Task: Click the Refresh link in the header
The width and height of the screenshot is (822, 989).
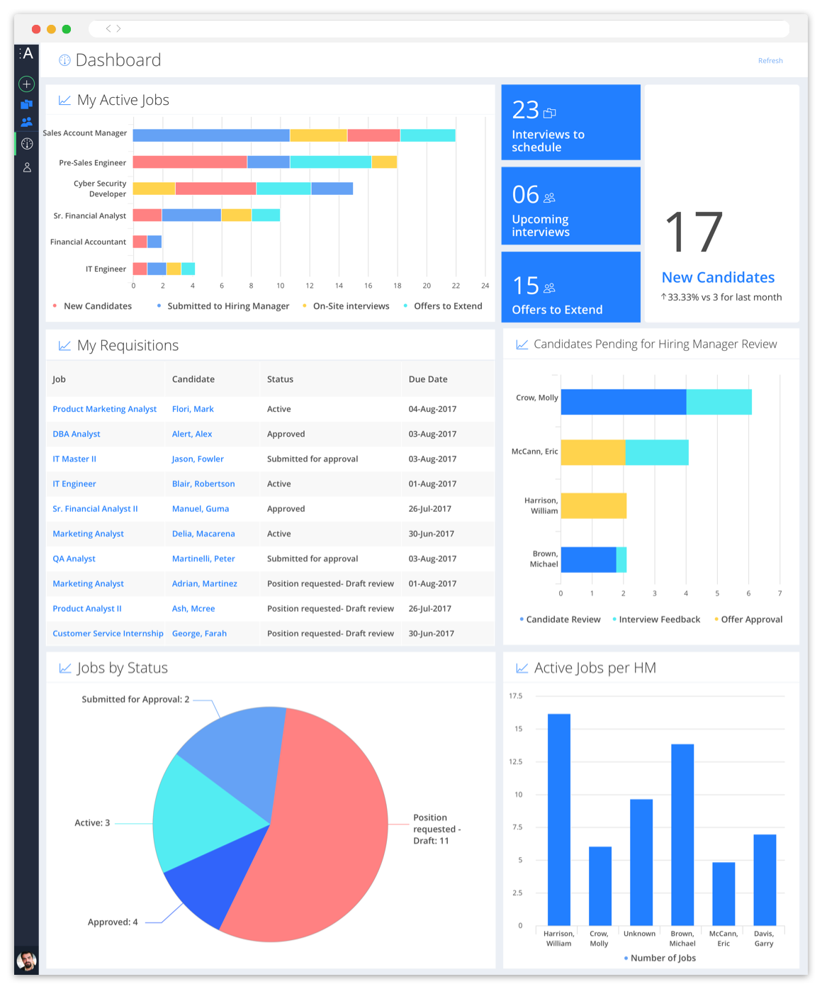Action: [770, 61]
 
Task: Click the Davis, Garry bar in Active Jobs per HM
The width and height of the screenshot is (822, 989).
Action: [765, 879]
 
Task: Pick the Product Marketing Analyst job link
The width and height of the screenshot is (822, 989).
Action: [105, 409]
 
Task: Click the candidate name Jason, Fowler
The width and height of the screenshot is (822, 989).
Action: [198, 459]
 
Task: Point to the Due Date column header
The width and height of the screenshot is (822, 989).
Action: [428, 379]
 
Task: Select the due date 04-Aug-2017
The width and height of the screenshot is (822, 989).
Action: [432, 409]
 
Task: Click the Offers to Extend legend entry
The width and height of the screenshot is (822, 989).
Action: [447, 306]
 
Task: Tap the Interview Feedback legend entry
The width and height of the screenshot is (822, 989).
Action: [659, 620]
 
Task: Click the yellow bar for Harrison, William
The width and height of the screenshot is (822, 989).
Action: [593, 505]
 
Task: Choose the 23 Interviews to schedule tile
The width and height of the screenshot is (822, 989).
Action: [570, 123]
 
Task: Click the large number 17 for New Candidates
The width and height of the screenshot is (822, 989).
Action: [694, 233]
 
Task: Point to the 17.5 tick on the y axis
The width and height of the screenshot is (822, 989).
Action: [515, 696]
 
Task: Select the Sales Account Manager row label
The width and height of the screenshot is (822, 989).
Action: [85, 133]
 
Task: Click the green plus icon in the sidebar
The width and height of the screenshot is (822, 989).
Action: [27, 84]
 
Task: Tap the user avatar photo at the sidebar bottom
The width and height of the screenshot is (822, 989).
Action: [27, 961]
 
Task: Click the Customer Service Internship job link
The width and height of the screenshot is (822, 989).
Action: [108, 634]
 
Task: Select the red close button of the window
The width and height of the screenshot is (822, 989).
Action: [36, 29]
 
